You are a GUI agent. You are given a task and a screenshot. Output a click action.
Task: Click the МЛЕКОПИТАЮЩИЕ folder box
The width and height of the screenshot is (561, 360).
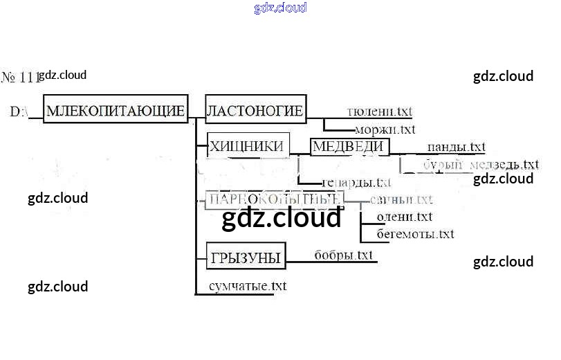pyautogui.click(x=116, y=110)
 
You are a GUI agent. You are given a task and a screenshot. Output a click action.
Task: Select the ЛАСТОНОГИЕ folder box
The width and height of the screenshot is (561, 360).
pyautogui.click(x=255, y=111)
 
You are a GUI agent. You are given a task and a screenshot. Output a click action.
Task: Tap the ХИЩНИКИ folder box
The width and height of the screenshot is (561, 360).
pyautogui.click(x=246, y=145)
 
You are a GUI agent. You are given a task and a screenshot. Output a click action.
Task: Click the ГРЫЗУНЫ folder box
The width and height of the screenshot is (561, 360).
pyautogui.click(x=246, y=258)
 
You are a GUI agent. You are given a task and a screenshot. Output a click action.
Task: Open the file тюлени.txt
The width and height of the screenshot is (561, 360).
pyautogui.click(x=379, y=111)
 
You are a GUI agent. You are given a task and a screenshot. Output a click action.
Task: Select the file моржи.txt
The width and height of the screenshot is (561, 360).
pyautogui.click(x=385, y=129)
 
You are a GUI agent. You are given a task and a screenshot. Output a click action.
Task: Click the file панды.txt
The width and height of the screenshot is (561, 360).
pyautogui.click(x=456, y=147)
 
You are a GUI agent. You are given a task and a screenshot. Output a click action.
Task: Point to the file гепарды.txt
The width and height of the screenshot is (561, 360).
pyautogui.click(x=357, y=183)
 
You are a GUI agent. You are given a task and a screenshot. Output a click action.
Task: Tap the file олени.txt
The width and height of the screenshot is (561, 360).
pyautogui.click(x=404, y=217)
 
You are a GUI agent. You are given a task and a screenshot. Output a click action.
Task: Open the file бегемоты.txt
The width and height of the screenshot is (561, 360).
pyautogui.click(x=415, y=234)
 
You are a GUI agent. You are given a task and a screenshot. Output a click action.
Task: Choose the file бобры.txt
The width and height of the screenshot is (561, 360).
pyautogui.click(x=343, y=255)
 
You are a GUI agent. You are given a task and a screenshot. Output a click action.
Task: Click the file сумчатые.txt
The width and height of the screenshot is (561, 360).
pyautogui.click(x=248, y=285)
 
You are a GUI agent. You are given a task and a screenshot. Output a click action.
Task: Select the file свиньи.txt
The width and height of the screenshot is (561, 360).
pyautogui.click(x=401, y=199)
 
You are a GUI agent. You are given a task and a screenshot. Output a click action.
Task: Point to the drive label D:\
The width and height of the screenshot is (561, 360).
pyautogui.click(x=19, y=111)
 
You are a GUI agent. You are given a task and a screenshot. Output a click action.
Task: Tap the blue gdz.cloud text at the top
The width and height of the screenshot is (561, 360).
pyautogui.click(x=280, y=8)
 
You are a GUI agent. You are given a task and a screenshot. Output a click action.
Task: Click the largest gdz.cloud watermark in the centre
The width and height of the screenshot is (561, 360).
pyautogui.click(x=282, y=218)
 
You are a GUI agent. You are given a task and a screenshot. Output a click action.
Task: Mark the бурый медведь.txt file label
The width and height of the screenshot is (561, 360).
pyautogui.click(x=481, y=165)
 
